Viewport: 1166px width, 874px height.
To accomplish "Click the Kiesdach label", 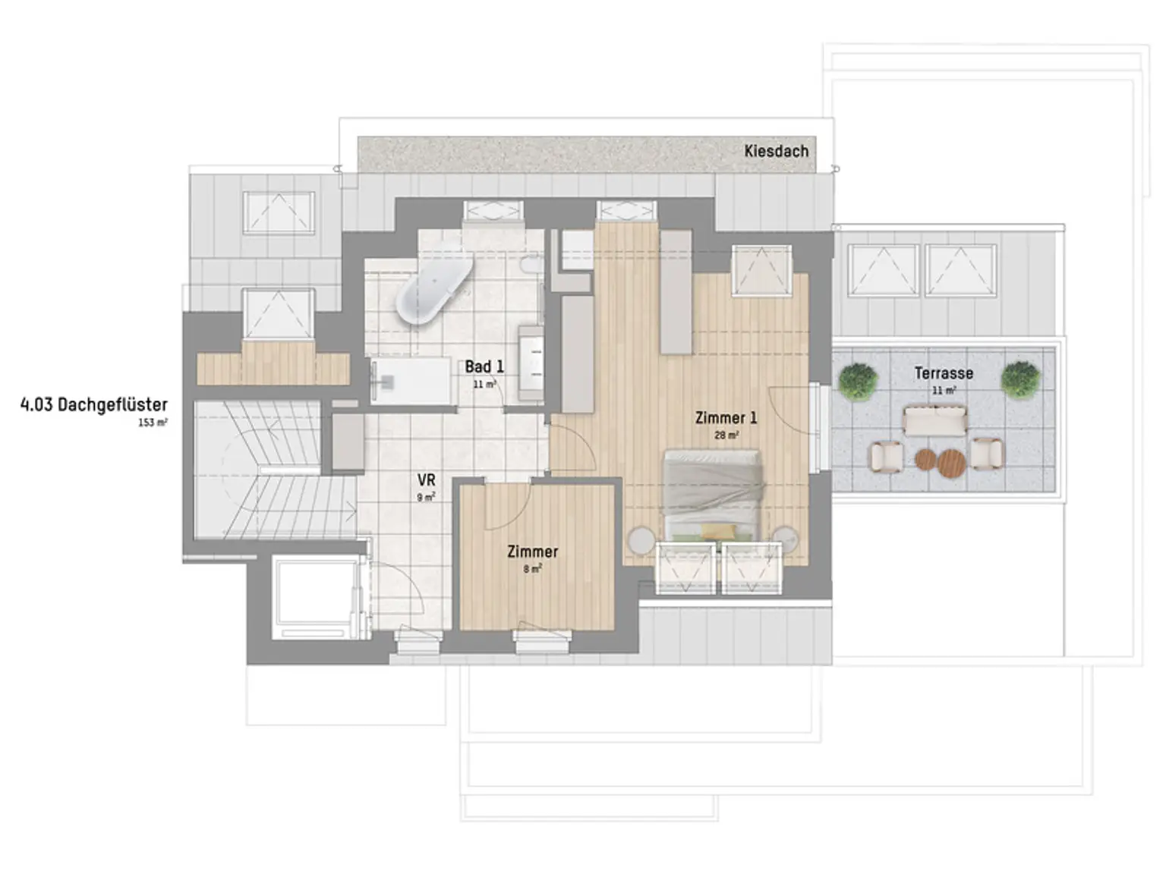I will coord(776,151).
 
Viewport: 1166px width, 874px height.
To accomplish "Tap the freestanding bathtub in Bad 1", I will coord(433,292).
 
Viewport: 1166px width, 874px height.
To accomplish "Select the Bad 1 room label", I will coord(484,366).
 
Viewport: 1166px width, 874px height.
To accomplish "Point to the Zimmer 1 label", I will coord(726,417).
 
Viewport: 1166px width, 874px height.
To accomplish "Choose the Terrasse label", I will coord(944,373).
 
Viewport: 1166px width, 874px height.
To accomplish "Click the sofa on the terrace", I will coord(934,420).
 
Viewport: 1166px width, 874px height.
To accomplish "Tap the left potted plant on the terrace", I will coord(858,379).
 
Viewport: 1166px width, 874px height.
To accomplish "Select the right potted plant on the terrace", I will coord(1019,379).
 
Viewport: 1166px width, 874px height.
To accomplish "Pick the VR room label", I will coord(426,480).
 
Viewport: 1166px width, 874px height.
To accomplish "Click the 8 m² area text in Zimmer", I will coord(532,569).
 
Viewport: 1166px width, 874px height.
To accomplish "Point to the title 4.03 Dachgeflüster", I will coord(93,404).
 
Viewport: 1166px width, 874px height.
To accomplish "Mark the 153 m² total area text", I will coord(153,423).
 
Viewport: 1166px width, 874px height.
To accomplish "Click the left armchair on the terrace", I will coord(885,456).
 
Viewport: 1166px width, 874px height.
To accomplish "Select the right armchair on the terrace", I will coord(987,454).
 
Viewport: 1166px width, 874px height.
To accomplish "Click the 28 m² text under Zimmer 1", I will coord(726,435).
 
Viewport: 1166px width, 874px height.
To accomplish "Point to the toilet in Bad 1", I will coord(532,265).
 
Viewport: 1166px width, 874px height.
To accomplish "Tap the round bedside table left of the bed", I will coord(642,539).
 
